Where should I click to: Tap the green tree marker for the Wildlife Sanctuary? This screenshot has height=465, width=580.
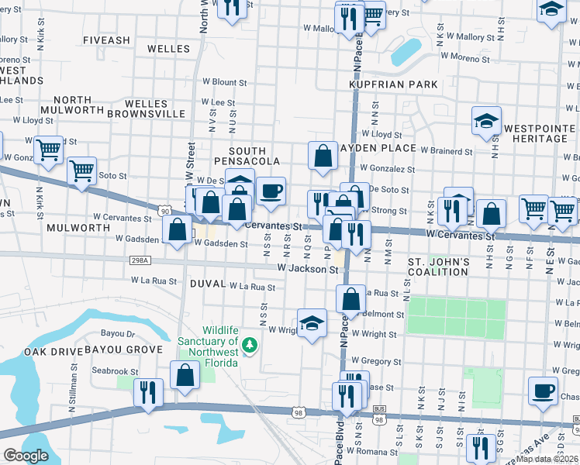coord(250,345)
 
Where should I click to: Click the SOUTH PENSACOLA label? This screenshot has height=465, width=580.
coord(247,156)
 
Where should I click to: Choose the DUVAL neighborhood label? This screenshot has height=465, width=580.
coord(207,284)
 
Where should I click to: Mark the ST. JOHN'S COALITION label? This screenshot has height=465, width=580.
coord(438,267)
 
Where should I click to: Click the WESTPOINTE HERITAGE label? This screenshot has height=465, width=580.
coord(536,133)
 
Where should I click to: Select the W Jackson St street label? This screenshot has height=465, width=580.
coord(308,269)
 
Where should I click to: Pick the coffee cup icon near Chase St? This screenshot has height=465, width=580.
coord(543,389)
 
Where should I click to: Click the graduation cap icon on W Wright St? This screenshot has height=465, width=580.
coord(312,322)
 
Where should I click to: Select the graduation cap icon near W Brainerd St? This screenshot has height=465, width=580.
coord(486,122)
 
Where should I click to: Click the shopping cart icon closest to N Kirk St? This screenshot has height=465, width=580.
coord(49,149)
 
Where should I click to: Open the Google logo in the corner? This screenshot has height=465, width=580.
coord(26,456)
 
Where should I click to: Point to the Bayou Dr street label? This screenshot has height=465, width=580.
coord(118,334)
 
